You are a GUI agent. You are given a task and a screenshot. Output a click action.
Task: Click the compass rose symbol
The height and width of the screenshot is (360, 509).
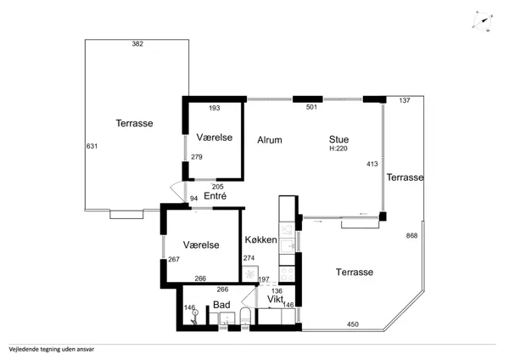click(x=483, y=21)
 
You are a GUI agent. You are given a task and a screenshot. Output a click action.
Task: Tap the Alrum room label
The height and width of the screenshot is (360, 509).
click(x=270, y=140)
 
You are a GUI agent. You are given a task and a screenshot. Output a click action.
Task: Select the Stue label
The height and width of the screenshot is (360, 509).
click(x=338, y=139)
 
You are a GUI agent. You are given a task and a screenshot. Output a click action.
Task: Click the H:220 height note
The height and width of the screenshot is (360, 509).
click(x=338, y=149)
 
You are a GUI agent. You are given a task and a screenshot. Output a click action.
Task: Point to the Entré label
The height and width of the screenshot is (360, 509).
click(x=215, y=196)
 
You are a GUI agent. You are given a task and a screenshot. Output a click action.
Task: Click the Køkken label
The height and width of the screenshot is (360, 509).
click(x=260, y=239)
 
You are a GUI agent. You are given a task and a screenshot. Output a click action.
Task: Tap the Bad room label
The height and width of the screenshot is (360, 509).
click(x=221, y=305)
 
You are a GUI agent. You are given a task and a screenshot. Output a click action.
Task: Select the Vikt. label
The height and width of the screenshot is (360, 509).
click(x=276, y=299)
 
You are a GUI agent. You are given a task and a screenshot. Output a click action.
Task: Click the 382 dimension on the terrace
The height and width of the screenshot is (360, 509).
click(x=137, y=44)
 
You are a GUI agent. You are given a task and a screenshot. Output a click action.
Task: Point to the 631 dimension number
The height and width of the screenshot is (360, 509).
click(x=92, y=146)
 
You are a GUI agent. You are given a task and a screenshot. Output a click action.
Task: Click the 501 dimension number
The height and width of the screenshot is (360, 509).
click(x=311, y=107)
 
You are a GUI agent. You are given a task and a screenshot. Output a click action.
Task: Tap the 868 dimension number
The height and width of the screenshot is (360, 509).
click(x=411, y=235)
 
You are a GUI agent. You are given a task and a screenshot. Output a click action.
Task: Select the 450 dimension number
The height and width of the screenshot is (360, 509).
click(x=353, y=324)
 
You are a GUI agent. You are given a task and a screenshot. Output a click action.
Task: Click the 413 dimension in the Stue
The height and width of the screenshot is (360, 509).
click(x=372, y=164)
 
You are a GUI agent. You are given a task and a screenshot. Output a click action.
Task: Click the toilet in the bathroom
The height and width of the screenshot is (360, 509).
click(x=245, y=316)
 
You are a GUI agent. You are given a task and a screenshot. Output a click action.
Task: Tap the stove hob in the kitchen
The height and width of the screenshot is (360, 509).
click(x=287, y=274)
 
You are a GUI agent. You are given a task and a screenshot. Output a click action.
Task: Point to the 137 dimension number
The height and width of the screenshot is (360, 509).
click(x=405, y=101)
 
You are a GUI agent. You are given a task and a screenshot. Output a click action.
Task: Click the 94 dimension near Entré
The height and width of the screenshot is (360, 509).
click(x=193, y=199)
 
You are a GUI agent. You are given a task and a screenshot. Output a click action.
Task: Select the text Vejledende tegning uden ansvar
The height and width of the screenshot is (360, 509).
click(x=52, y=349)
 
